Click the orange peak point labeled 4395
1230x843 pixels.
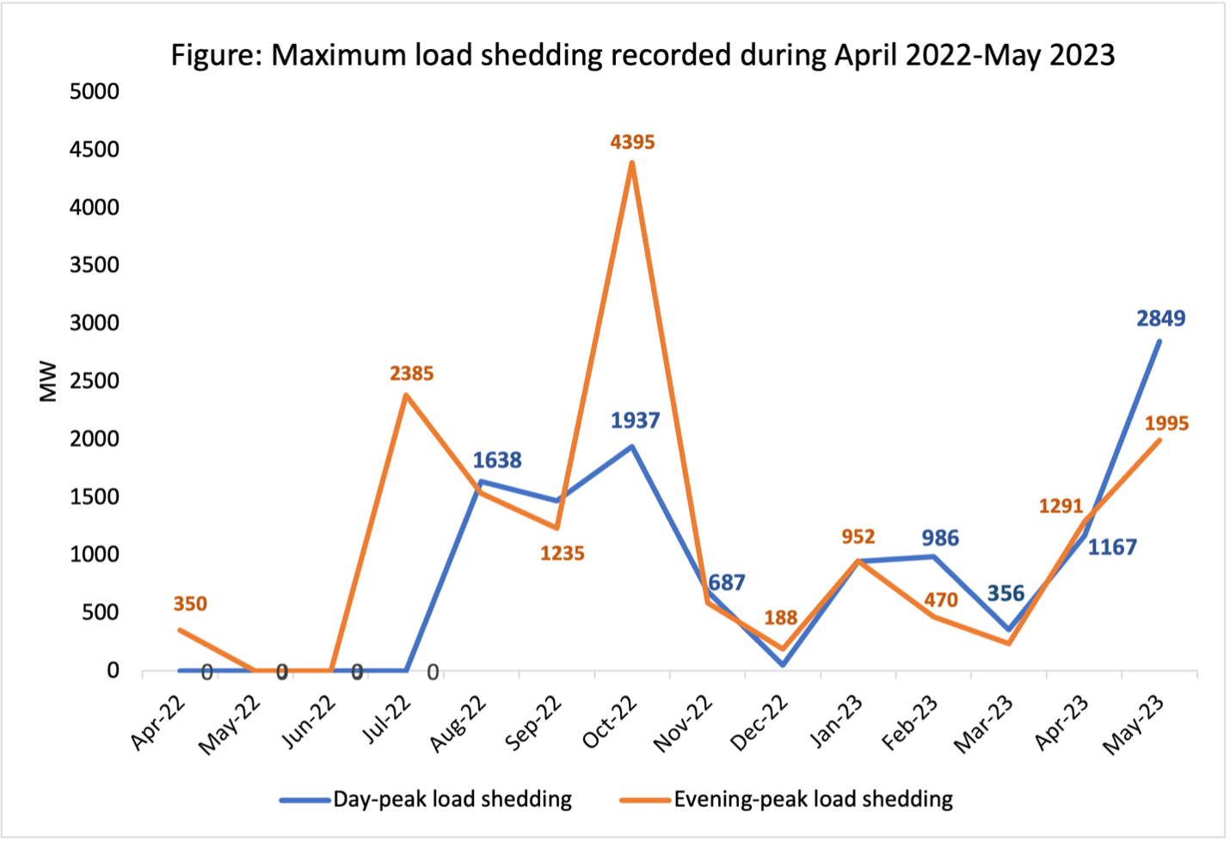[632, 163]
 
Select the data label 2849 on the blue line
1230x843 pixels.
[1160, 319]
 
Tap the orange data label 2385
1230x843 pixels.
[411, 374]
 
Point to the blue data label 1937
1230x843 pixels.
[635, 421]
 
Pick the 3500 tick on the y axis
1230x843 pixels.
[95, 265]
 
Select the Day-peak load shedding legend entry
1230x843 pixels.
[452, 799]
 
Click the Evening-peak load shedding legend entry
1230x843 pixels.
[813, 799]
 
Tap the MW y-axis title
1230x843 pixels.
[48, 381]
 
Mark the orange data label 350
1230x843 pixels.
[190, 604]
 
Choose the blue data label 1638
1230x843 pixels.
[496, 460]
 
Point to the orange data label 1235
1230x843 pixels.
[562, 554]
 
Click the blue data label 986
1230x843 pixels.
[939, 538]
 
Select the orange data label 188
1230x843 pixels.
[780, 618]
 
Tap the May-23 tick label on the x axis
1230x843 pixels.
[1135, 724]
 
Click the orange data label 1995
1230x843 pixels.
[1165, 424]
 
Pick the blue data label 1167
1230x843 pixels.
[1111, 547]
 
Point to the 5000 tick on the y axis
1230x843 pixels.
[95, 91]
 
